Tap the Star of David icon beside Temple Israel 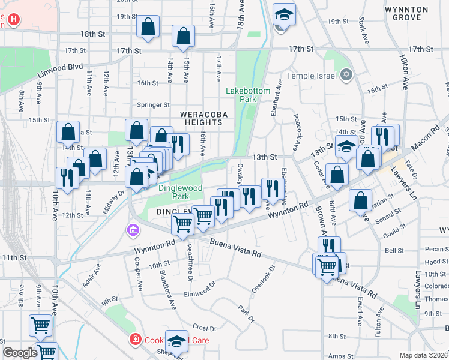[345, 75]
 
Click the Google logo [19, 353]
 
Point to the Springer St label [154, 105]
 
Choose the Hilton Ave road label [403, 73]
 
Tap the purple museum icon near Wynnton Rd [132, 230]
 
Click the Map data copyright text [423, 355]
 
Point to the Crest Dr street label [204, 328]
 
